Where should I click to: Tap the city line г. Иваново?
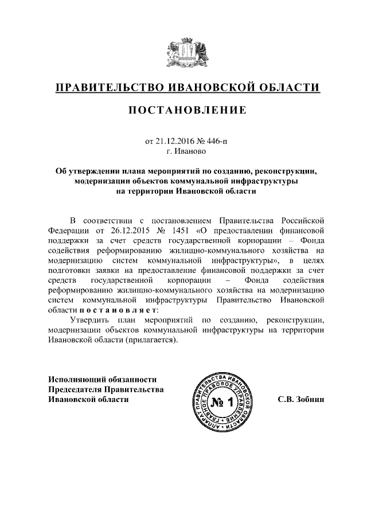click(x=183, y=151)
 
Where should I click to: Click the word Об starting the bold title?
click(x=60, y=171)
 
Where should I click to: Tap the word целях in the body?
click(x=313, y=261)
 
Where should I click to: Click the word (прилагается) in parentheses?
click(x=149, y=340)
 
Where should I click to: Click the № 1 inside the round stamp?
click(x=221, y=402)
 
